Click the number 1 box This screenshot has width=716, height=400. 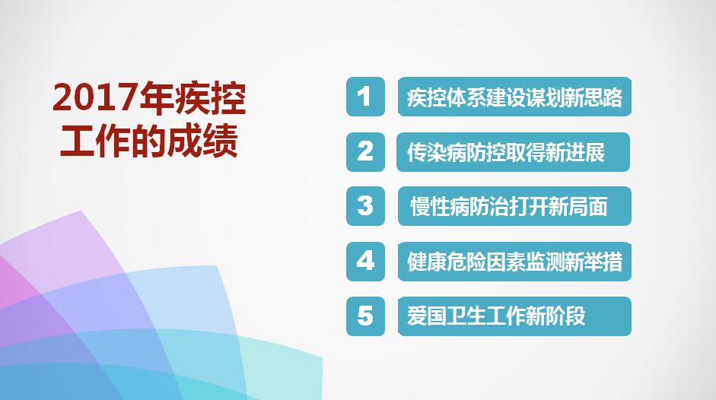coord(365,97)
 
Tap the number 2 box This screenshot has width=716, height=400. coord(365,152)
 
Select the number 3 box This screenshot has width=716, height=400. coord(365,206)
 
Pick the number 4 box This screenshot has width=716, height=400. coord(365,261)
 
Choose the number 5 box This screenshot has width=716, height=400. coord(365,316)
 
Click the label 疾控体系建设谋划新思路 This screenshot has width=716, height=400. coord(514,97)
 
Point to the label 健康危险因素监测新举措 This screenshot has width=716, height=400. coord(514,261)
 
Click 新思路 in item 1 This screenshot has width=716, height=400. coord(593,97)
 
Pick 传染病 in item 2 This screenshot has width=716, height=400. coord(437,153)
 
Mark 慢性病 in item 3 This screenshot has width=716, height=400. coord(440,206)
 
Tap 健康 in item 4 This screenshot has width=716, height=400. coord(427,262)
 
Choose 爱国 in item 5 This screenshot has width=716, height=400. coord(427,316)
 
